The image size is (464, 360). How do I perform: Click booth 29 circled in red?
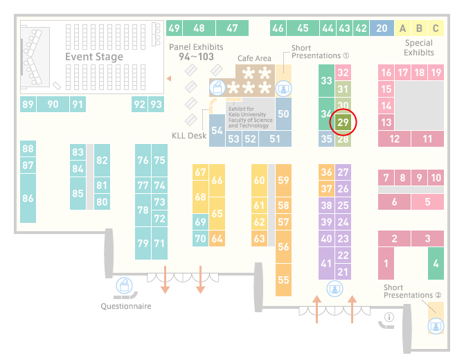click(343, 122)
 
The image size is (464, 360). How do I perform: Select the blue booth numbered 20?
click(382, 28)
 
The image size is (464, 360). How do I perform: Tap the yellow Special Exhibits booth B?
click(419, 28)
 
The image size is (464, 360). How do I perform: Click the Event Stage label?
click(94, 57)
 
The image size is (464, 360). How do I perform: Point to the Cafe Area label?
click(254, 58)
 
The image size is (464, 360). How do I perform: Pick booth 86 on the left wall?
click(28, 198)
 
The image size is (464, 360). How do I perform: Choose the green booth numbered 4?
click(436, 263)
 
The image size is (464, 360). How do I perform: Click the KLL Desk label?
click(189, 136)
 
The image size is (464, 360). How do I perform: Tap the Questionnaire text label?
click(126, 306)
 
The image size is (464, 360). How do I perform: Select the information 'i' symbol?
click(389, 317)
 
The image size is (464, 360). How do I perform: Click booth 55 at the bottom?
click(283, 280)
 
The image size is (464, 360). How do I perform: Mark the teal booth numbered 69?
click(200, 222)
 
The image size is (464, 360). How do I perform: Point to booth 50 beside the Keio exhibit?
click(283, 114)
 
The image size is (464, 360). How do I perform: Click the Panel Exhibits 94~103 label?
click(196, 52)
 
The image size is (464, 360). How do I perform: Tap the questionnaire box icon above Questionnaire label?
click(124, 285)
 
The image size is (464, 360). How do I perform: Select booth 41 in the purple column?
click(326, 263)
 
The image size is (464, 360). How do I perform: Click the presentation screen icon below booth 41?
click(334, 289)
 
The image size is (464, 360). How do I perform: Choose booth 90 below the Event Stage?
click(53, 104)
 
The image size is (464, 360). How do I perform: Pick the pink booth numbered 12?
click(395, 138)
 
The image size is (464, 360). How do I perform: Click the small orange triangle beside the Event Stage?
click(169, 78)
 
